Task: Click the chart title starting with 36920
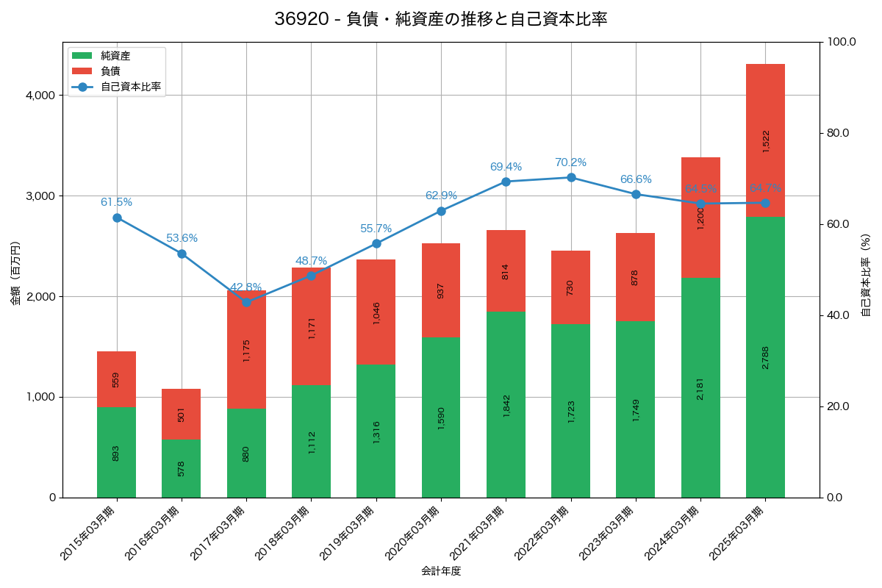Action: pos(441,19)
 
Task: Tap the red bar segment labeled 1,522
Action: pos(765,140)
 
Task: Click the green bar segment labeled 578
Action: pos(181,467)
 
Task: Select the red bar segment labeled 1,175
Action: pos(246,349)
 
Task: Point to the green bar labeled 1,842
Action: pos(506,404)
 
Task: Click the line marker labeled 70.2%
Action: pos(571,177)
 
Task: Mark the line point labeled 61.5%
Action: pos(117,218)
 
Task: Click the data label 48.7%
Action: pos(311,261)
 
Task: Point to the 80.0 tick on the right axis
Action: pos(837,133)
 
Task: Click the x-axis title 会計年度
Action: pos(441,571)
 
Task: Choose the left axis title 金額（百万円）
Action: pos(15,273)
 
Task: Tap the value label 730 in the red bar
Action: pos(571,287)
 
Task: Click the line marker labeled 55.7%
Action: pos(376,243)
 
